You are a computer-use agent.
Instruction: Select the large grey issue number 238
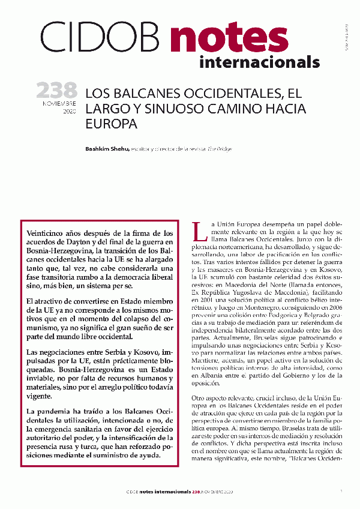tap(57, 91)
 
